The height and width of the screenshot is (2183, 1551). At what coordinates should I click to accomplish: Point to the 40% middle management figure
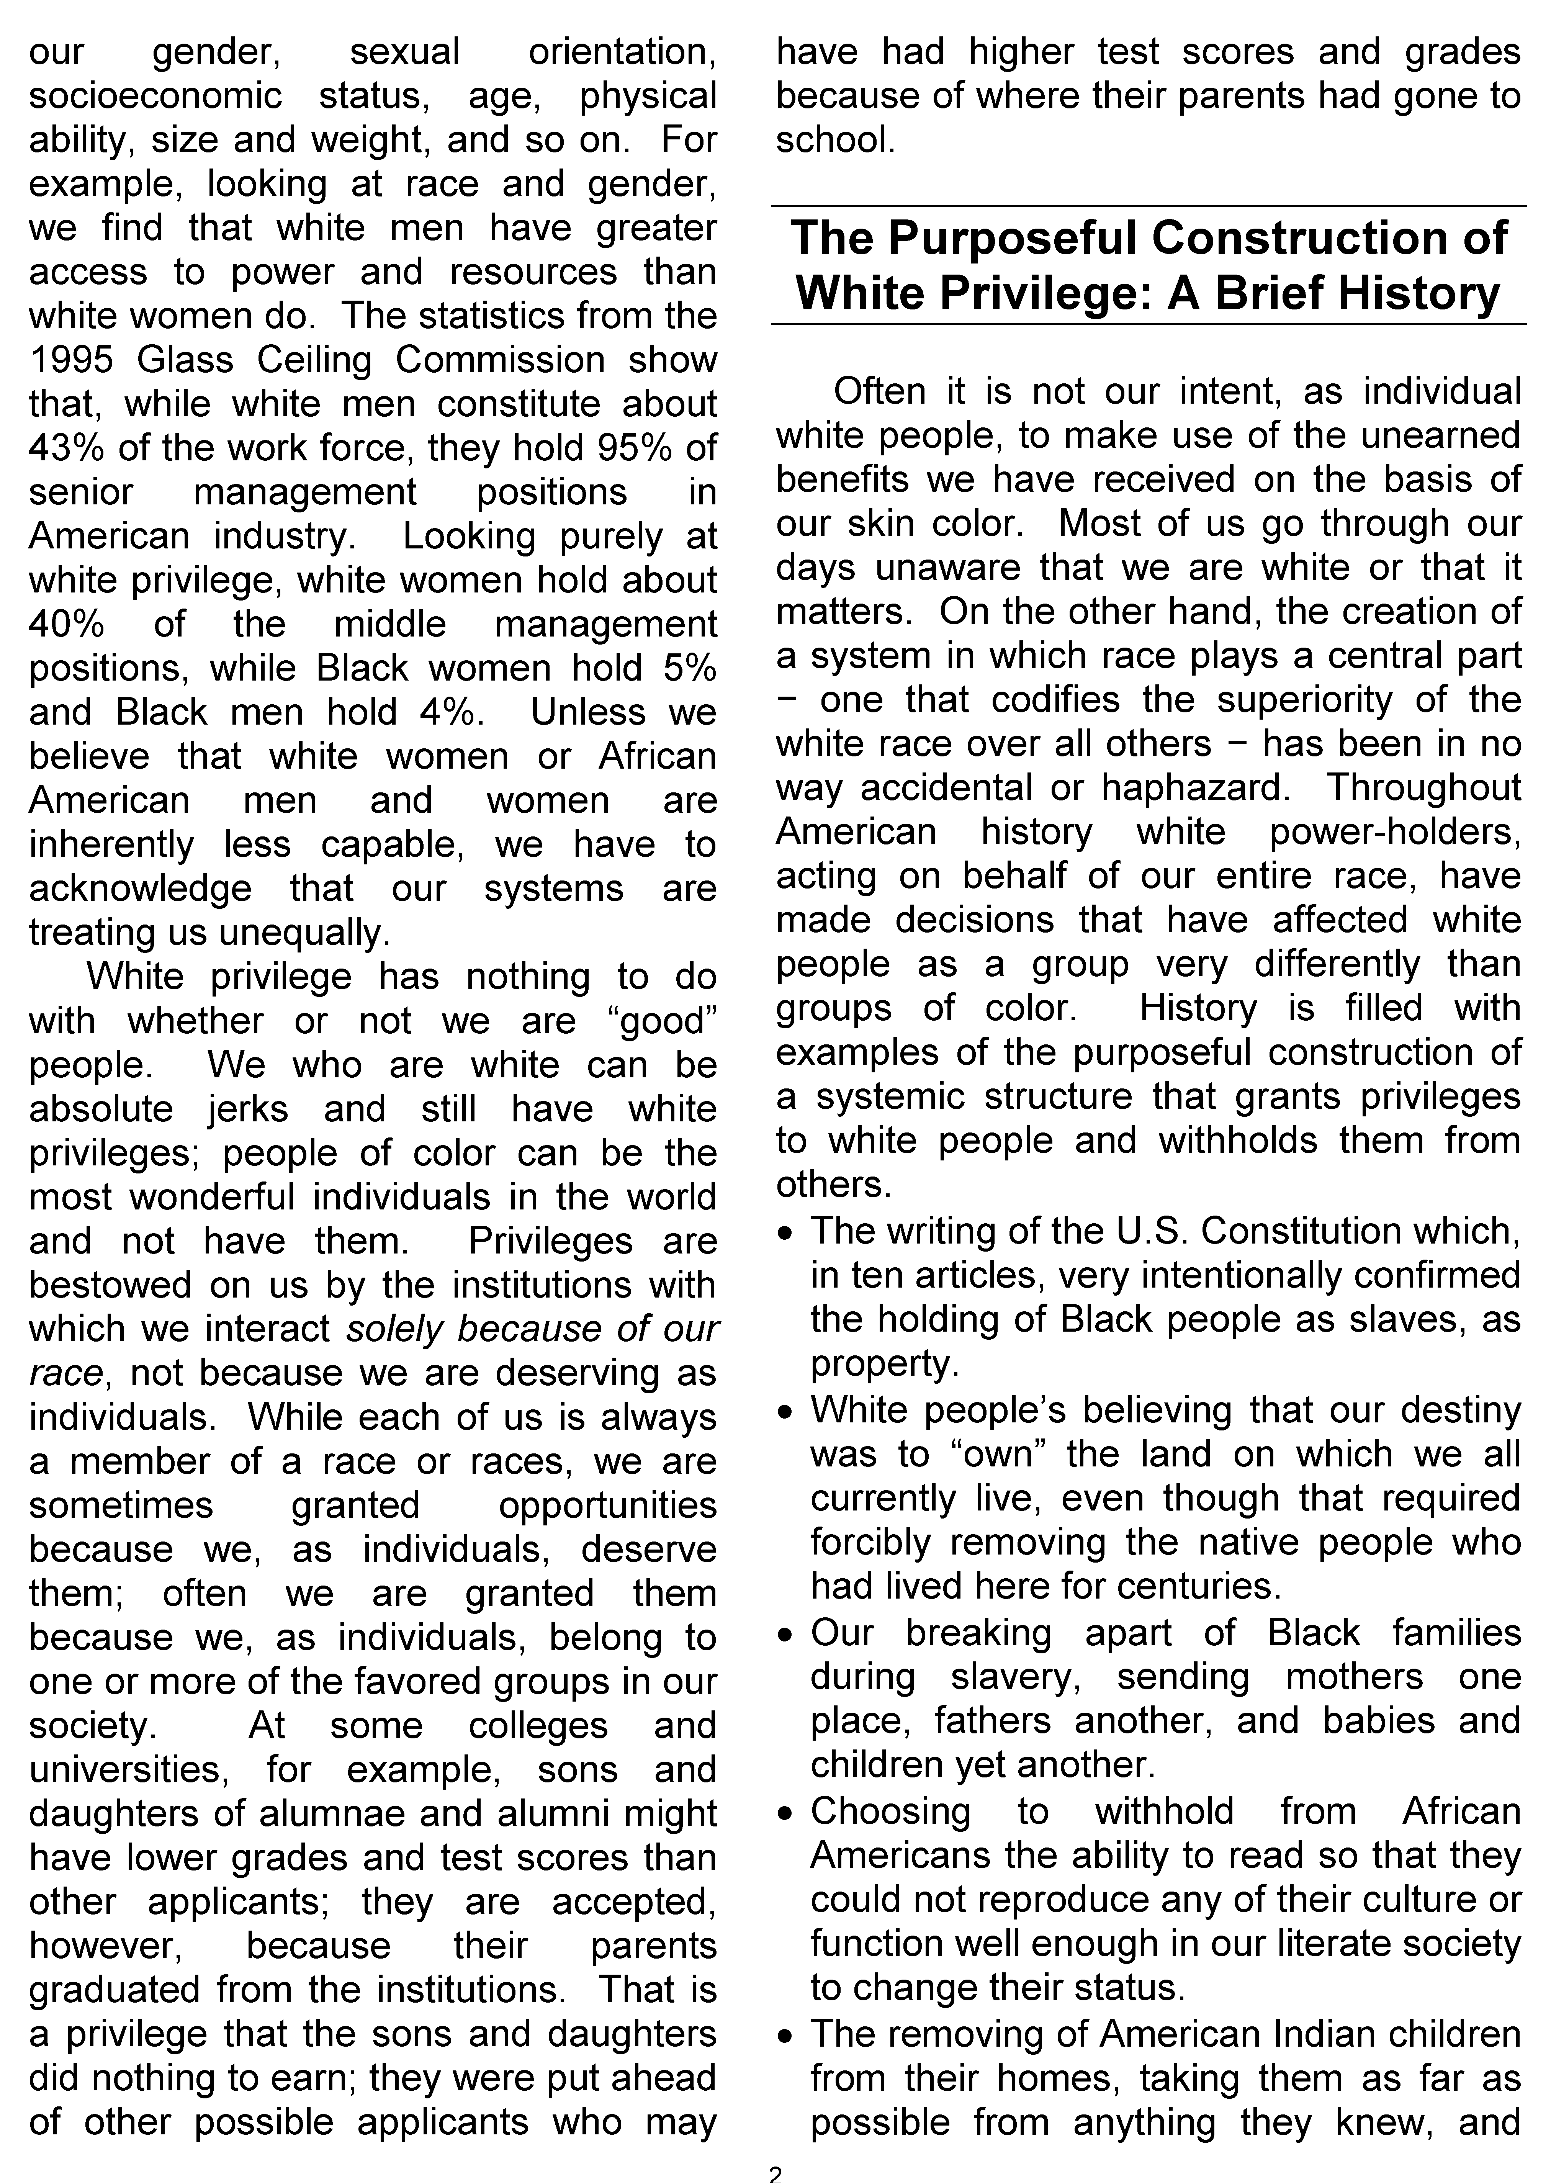(x=65, y=625)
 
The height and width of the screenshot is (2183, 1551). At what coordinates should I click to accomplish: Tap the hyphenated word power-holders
(x=1394, y=832)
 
